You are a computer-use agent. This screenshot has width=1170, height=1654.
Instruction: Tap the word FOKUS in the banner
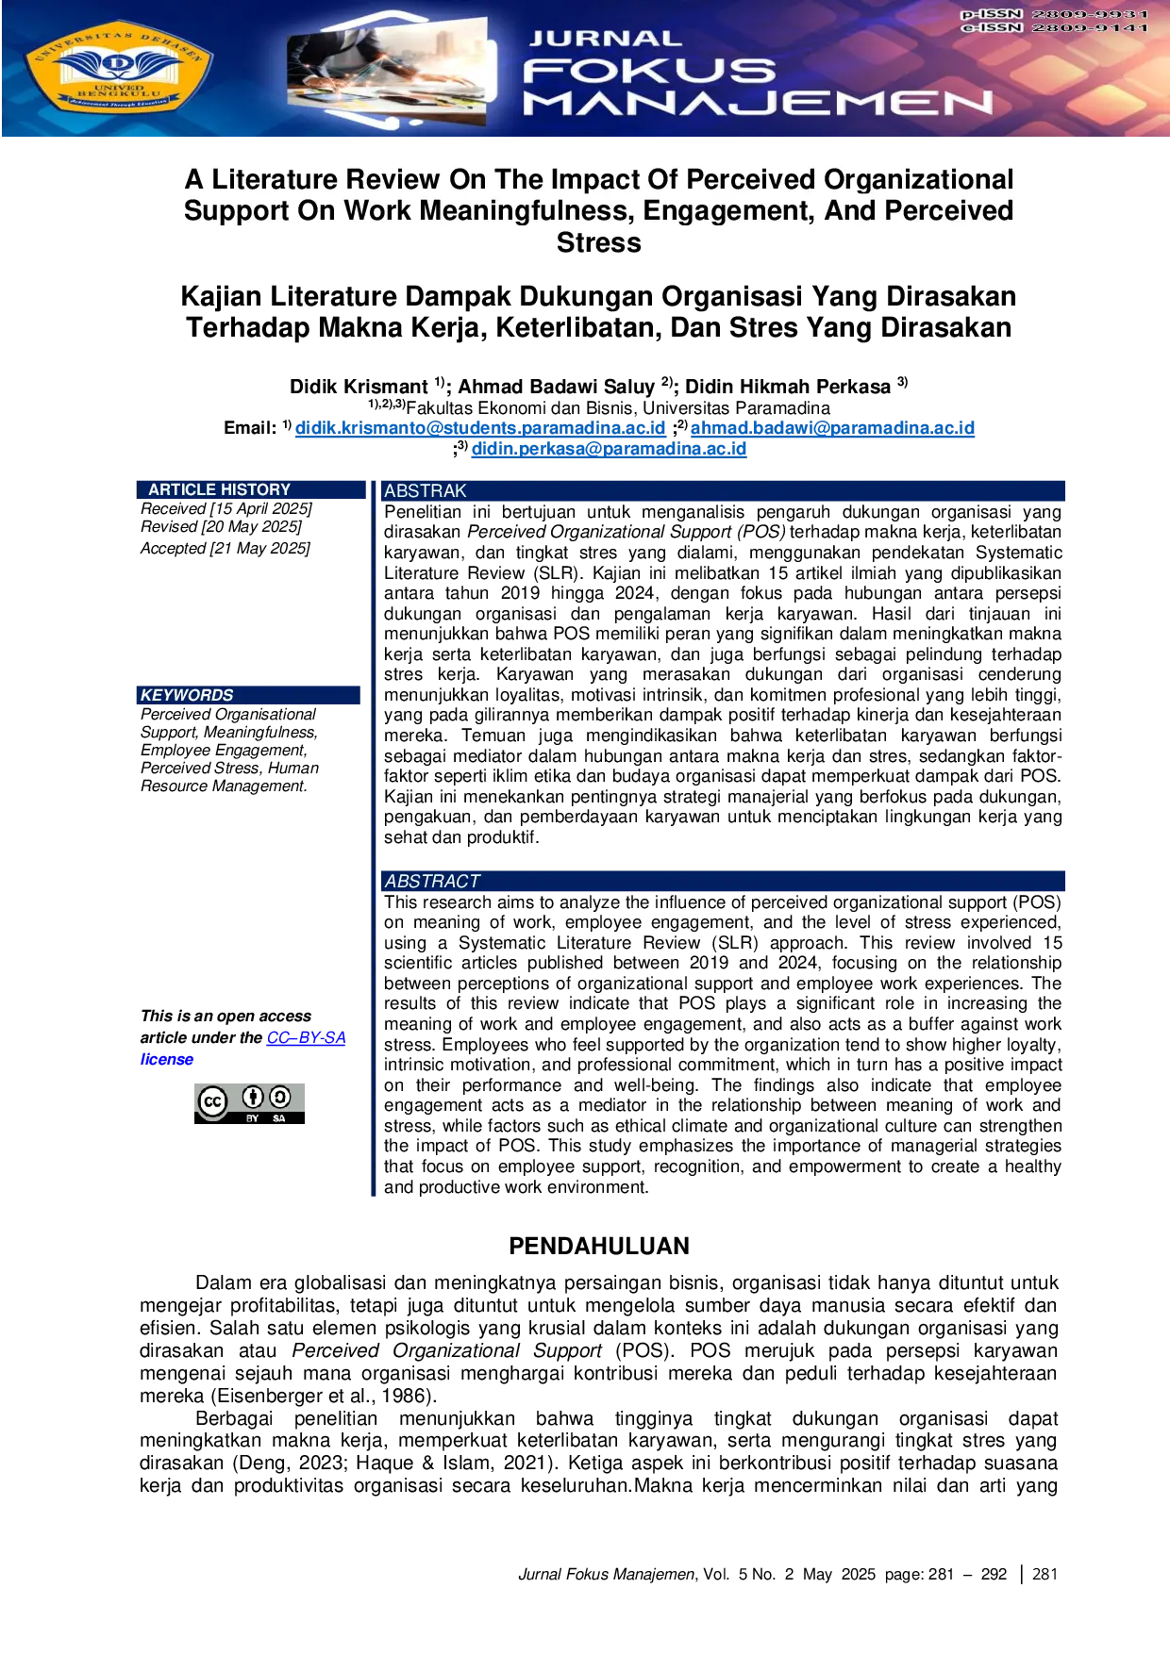[649, 71]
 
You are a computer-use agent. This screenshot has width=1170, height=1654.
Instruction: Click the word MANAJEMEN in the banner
[758, 103]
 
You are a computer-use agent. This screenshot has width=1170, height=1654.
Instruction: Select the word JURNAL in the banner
[605, 39]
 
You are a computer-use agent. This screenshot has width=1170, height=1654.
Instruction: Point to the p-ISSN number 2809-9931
[1090, 14]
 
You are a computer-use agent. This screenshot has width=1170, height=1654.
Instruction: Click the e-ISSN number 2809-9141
[1090, 28]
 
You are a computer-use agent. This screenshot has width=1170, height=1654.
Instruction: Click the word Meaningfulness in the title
[526, 210]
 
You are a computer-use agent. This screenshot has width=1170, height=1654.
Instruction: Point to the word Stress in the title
[598, 242]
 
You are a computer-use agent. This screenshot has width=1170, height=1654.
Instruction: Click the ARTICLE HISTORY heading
[219, 489]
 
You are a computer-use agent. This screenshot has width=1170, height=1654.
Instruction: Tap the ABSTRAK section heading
[425, 490]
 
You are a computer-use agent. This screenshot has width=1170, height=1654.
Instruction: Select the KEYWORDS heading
[187, 695]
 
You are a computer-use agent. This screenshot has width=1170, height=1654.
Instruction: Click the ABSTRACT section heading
[432, 881]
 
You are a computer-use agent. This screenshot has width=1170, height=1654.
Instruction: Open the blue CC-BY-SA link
[306, 1037]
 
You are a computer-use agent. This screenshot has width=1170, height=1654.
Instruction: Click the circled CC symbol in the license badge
[213, 1100]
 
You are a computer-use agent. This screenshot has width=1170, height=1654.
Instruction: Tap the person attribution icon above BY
[252, 1097]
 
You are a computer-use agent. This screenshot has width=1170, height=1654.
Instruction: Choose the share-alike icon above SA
[279, 1097]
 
